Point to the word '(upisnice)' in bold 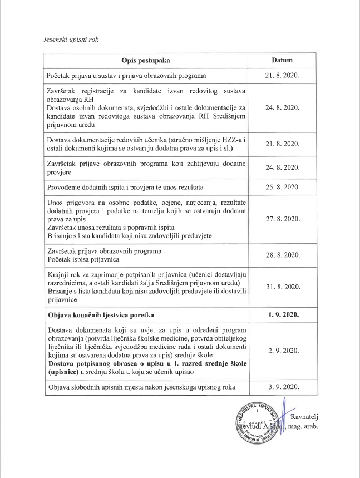[65, 371]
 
